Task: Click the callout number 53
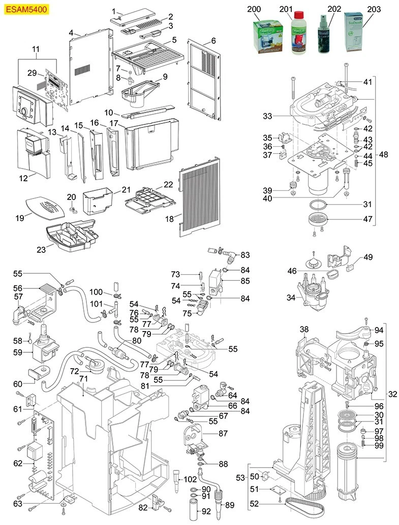[240, 478]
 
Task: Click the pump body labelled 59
[45, 350]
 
